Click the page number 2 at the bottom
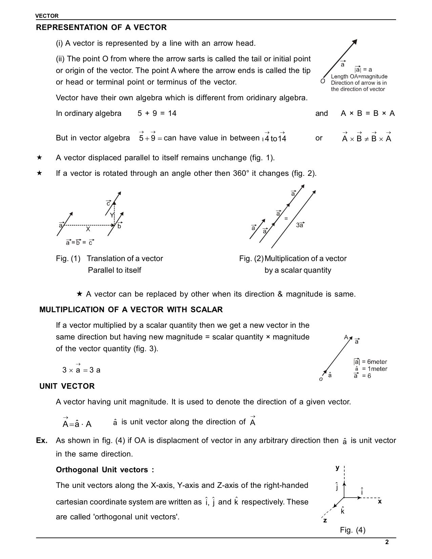387,542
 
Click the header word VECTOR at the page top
47,16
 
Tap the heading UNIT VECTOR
67,386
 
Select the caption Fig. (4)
353,530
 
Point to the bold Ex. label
42,440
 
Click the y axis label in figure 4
337,468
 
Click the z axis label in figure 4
325,520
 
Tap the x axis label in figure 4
380,501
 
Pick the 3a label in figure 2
300,225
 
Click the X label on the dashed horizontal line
88,229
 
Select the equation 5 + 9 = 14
157,113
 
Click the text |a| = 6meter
370,361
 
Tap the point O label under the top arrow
323,81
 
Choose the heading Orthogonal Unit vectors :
105,470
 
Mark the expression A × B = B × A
368,113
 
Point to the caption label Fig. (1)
68,258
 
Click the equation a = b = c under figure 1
80,242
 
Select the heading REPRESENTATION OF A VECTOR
101,27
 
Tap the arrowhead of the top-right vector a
355,42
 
